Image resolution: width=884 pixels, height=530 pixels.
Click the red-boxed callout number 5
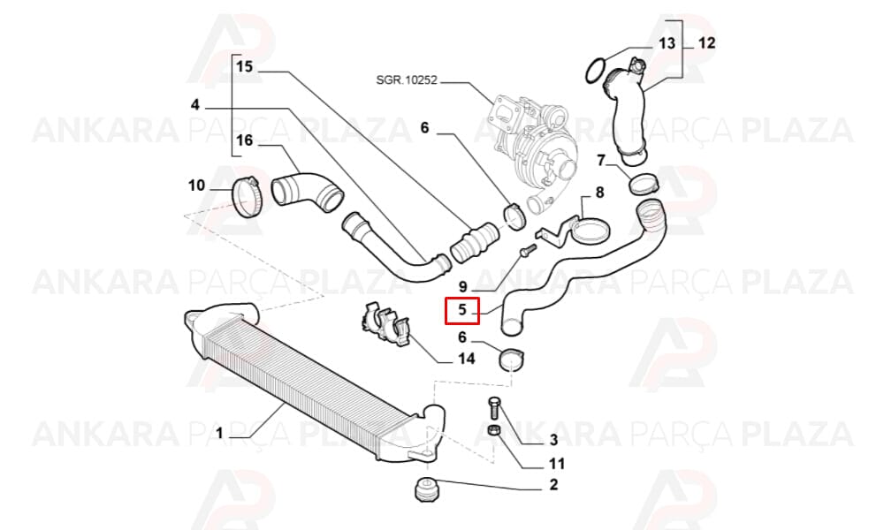tap(462, 310)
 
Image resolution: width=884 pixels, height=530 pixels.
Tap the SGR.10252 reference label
tap(407, 80)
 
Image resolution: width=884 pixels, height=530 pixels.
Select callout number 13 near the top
tap(667, 43)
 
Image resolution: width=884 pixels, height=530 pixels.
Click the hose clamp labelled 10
tap(248, 196)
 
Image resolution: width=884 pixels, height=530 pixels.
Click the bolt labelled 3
tap(494, 407)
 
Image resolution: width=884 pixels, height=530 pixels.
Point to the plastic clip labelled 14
tap(387, 323)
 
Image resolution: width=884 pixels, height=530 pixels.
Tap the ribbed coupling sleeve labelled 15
tap(474, 243)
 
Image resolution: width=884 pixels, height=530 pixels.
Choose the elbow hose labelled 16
tap(308, 193)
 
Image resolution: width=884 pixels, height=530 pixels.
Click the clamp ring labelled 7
tap(644, 184)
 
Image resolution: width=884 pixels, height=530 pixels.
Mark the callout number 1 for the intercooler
tap(219, 433)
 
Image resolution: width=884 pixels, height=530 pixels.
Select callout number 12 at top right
tap(706, 42)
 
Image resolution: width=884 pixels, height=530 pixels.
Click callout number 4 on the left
tap(195, 105)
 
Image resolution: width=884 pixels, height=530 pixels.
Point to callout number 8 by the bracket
tap(600, 193)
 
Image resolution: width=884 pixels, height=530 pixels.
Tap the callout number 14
tap(466, 359)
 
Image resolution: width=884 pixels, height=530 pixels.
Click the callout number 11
tap(556, 464)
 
